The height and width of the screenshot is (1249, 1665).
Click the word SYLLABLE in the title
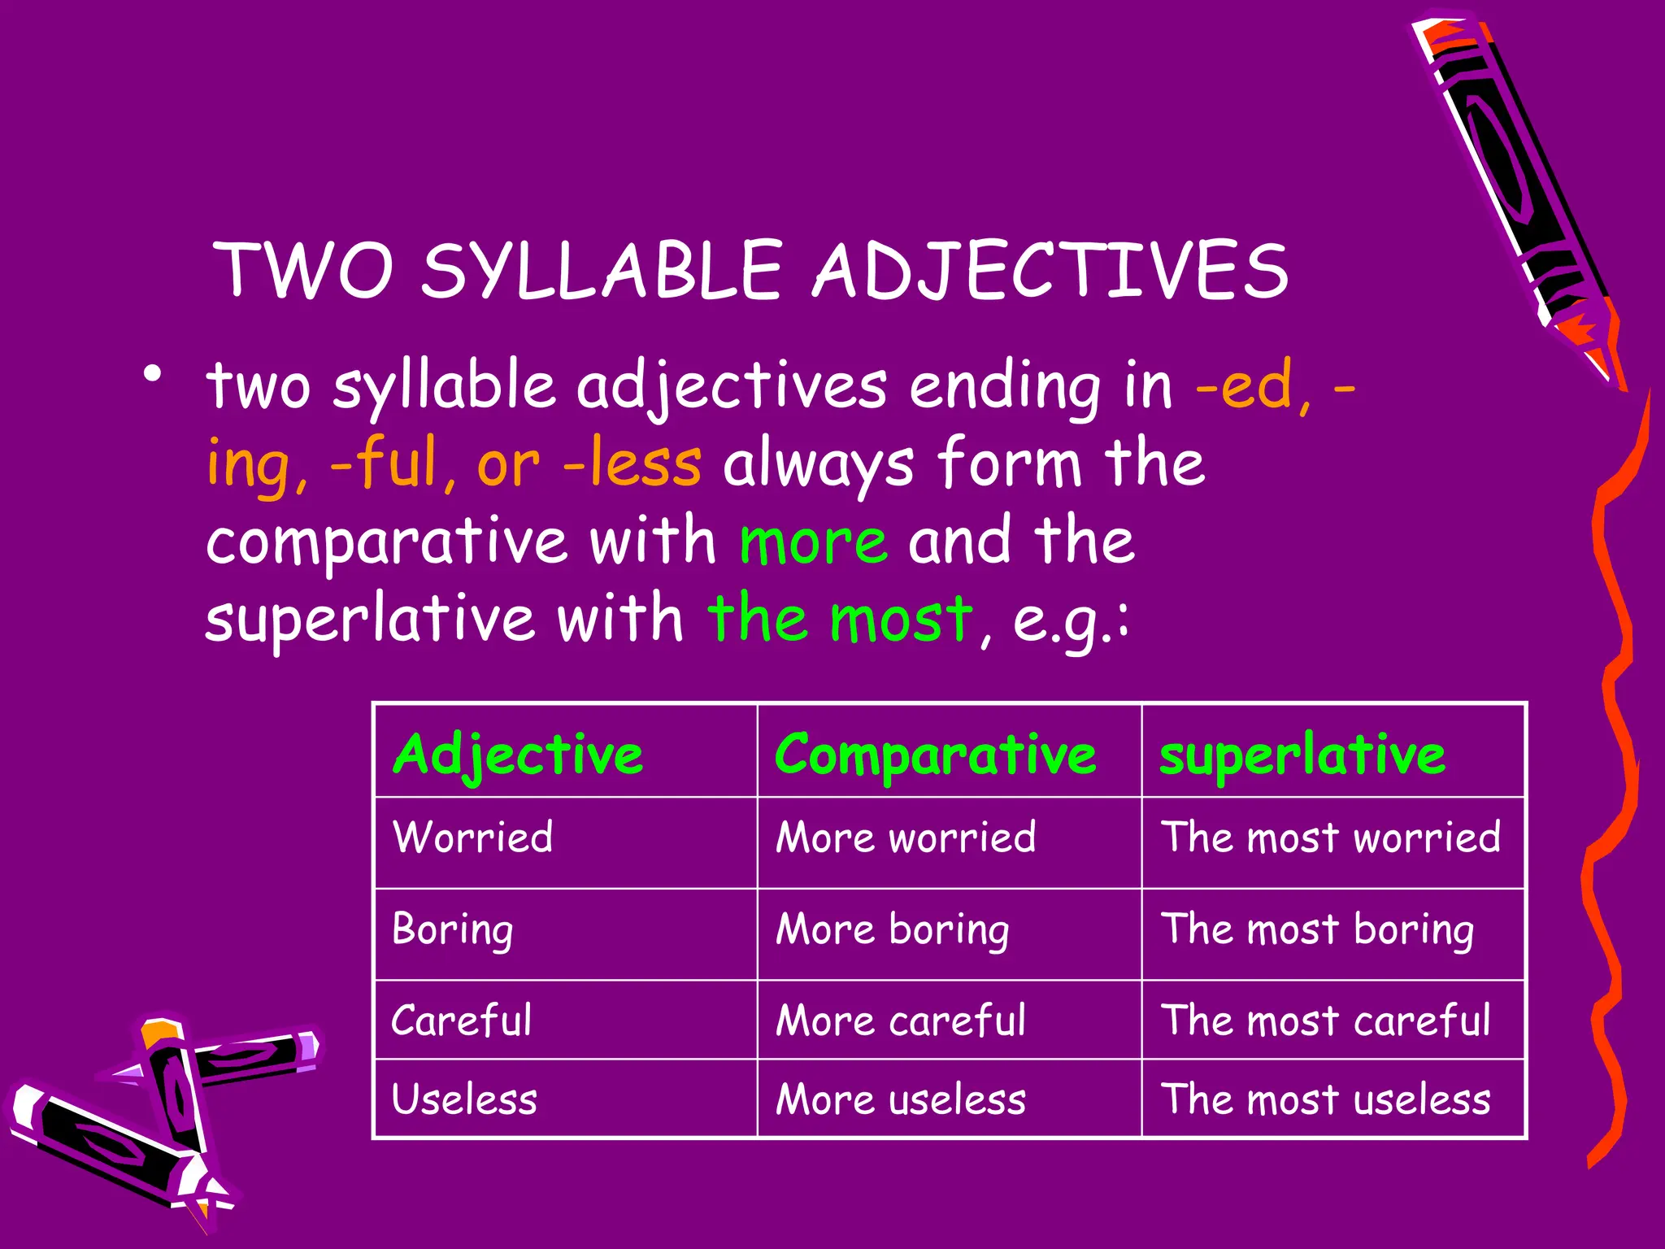pyautogui.click(x=601, y=271)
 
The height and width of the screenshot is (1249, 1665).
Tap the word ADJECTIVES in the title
pyautogui.click(x=1051, y=271)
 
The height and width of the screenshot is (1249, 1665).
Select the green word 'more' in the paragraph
pyautogui.click(x=813, y=542)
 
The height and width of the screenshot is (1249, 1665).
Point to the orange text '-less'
pyautogui.click(x=632, y=463)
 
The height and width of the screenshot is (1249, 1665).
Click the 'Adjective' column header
pyautogui.click(x=518, y=755)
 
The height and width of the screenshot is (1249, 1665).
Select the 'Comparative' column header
pyautogui.click(x=935, y=755)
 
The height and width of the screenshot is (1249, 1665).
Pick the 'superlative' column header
pyautogui.click(x=1302, y=755)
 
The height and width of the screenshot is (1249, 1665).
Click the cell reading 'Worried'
pyautogui.click(x=472, y=838)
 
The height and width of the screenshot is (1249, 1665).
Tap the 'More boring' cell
pyautogui.click(x=893, y=929)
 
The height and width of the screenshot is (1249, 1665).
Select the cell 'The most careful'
pyautogui.click(x=1325, y=1021)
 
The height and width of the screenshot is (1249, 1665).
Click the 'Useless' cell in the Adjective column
pyautogui.click(x=464, y=1099)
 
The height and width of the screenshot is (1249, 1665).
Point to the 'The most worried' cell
pyautogui.click(x=1330, y=838)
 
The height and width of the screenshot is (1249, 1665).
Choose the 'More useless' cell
pyautogui.click(x=901, y=1099)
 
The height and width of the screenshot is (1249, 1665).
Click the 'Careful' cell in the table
pyautogui.click(x=461, y=1021)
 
